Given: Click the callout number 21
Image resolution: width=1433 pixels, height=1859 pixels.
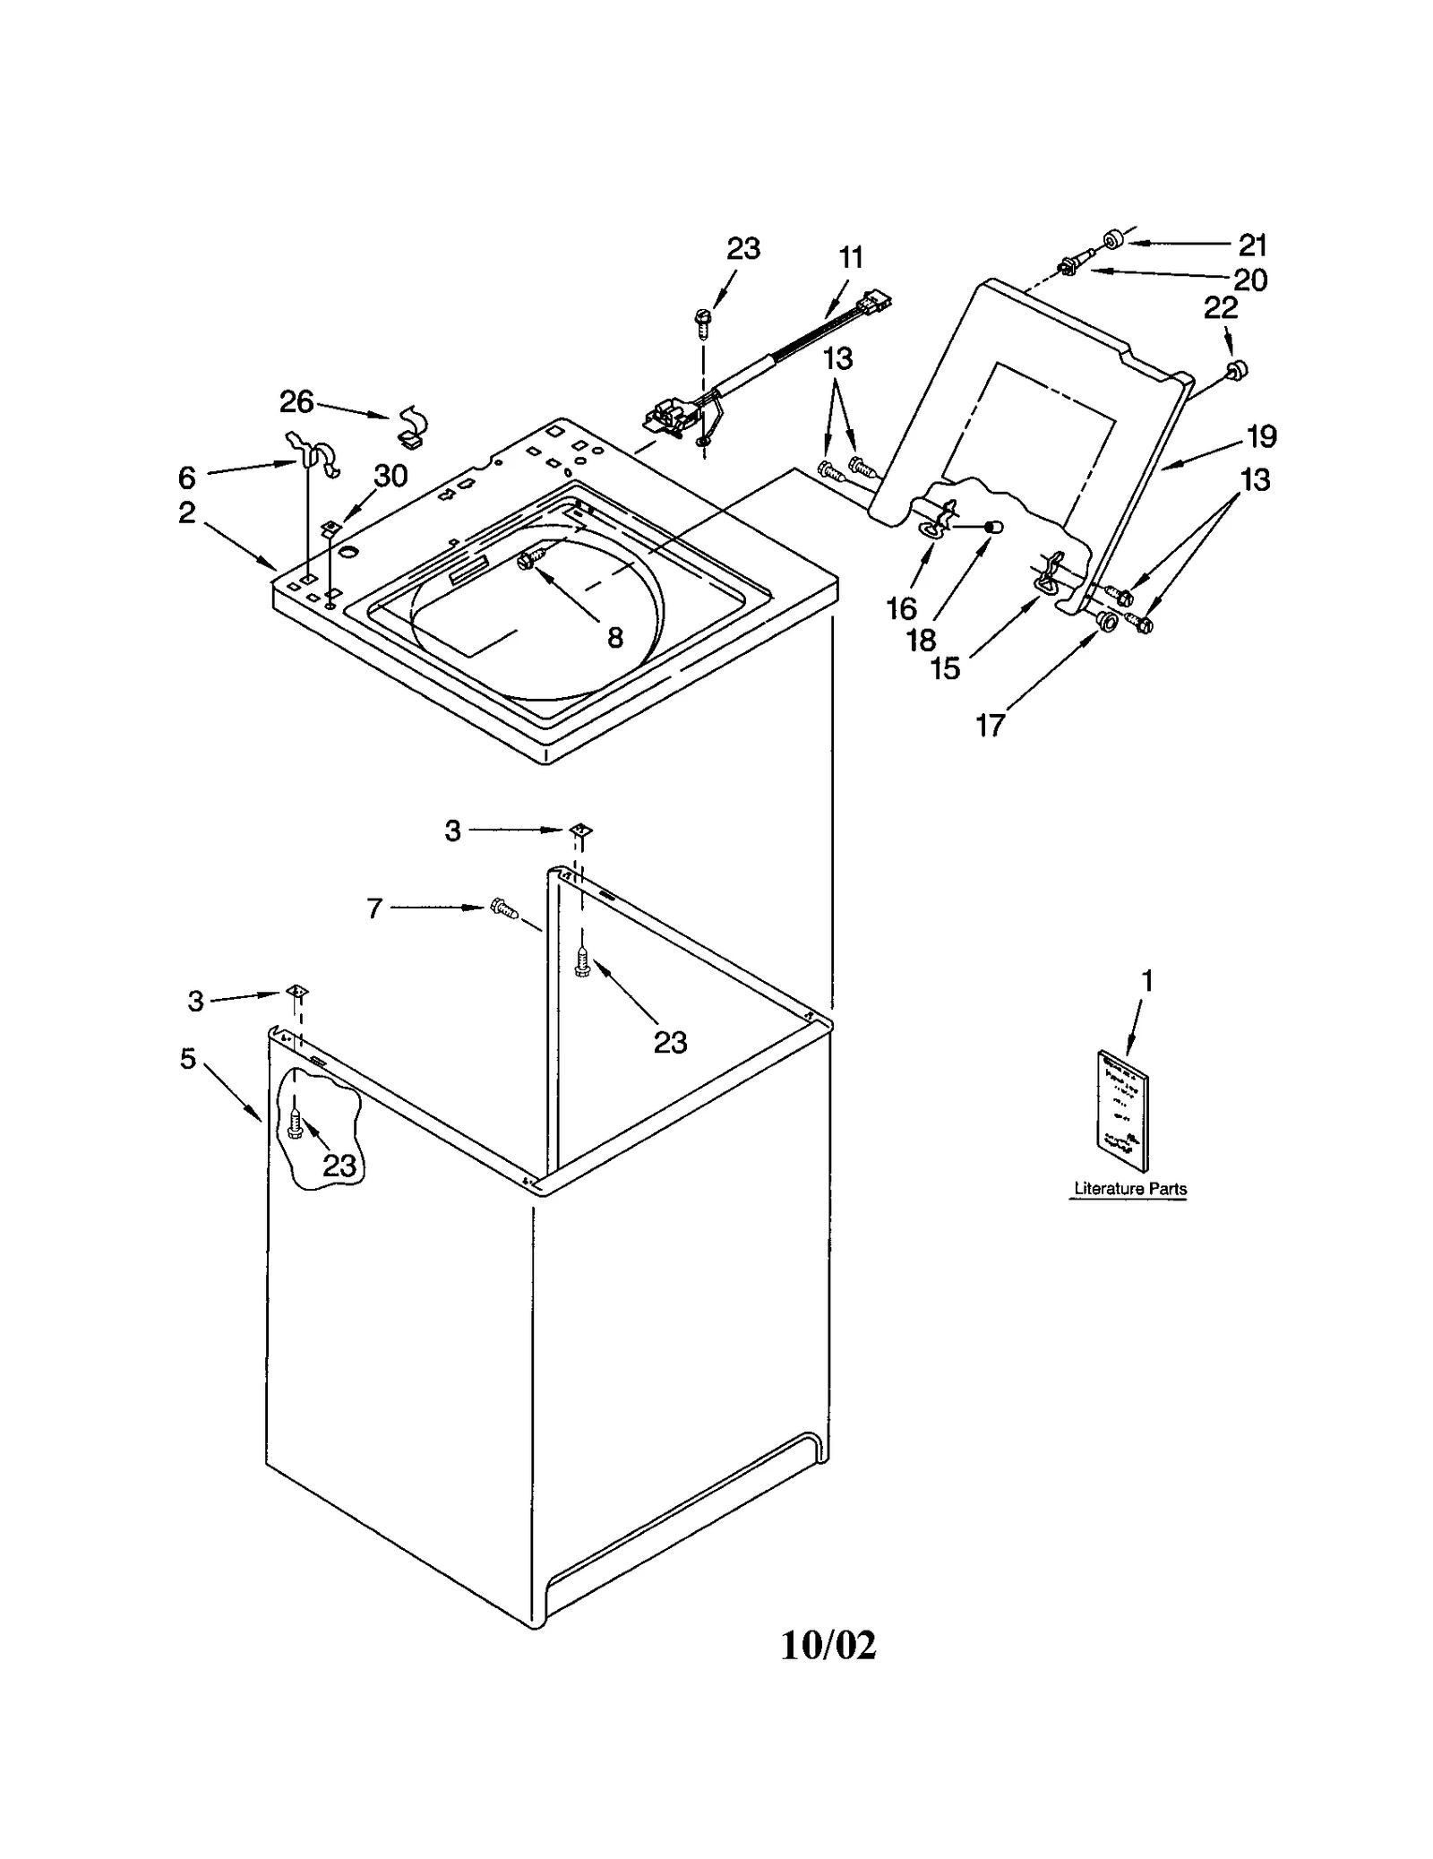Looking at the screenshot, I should click(1252, 244).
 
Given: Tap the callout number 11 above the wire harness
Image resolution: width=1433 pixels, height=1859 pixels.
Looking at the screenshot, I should click(850, 258).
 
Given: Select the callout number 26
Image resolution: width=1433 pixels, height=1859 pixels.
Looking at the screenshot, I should click(296, 402).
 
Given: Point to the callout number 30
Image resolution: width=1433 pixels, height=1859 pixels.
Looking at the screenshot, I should click(390, 476).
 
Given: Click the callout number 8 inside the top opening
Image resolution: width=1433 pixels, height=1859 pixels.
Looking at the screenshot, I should click(614, 637).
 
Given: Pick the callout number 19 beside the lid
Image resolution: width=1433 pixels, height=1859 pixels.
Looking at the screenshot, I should click(1261, 437).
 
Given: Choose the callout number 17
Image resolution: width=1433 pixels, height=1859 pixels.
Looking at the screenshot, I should click(990, 725).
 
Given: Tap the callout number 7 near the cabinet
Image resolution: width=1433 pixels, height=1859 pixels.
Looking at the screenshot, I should click(375, 908).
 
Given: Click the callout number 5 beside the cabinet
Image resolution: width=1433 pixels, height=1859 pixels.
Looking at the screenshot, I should click(187, 1059).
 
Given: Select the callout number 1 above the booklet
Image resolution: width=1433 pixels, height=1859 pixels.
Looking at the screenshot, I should click(1146, 981).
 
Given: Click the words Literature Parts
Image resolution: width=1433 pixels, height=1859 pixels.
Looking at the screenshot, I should click(1129, 1189).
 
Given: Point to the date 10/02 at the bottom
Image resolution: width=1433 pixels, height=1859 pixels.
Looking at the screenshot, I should click(828, 1645).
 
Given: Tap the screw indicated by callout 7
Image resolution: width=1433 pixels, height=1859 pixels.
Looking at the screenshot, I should click(504, 911).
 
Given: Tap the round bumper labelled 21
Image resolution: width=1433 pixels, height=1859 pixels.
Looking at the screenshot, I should click(1113, 240).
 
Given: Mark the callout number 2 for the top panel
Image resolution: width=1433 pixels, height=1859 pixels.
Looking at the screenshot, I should click(186, 512).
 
